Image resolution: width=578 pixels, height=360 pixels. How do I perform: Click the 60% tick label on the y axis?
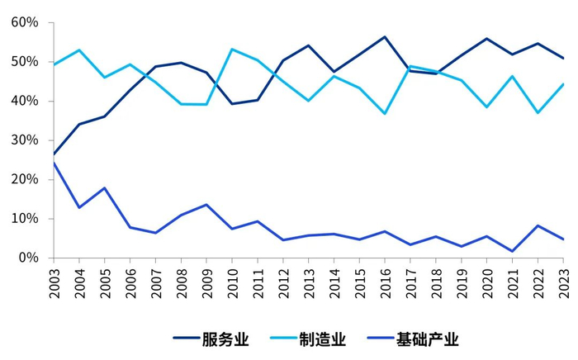pyautogui.click(x=25, y=22)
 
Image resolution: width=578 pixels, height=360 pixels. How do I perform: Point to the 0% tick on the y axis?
pyautogui.click(x=28, y=258)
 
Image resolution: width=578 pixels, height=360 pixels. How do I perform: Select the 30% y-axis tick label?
pyautogui.click(x=25, y=140)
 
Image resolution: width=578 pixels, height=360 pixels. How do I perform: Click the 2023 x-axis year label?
pyautogui.click(x=564, y=281)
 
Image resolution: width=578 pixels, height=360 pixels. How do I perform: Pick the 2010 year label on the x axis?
pyautogui.click(x=232, y=281)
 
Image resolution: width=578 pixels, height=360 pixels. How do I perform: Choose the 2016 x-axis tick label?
pyautogui.click(x=385, y=281)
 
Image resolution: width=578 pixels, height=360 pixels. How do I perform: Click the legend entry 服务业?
pyautogui.click(x=211, y=339)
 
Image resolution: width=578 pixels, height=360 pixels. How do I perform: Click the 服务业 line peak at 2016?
pyautogui.click(x=385, y=37)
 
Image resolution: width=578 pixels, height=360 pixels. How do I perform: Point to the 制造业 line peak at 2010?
pyautogui.click(x=232, y=50)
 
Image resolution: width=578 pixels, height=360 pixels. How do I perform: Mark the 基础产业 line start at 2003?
pyautogui.click(x=53, y=163)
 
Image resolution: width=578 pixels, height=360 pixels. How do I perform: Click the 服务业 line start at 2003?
pyautogui.click(x=53, y=154)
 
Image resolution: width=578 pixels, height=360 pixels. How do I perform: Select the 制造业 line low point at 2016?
pyautogui.click(x=385, y=114)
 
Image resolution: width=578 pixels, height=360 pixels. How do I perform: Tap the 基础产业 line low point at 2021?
pyautogui.click(x=513, y=251)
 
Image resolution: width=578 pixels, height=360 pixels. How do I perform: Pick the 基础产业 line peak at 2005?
pyautogui.click(x=104, y=188)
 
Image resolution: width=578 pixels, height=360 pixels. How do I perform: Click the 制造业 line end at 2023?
pyautogui.click(x=564, y=84)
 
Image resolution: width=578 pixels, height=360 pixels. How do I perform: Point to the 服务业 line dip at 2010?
pyautogui.click(x=232, y=103)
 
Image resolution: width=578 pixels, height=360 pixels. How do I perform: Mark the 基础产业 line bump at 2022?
pyautogui.click(x=538, y=225)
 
